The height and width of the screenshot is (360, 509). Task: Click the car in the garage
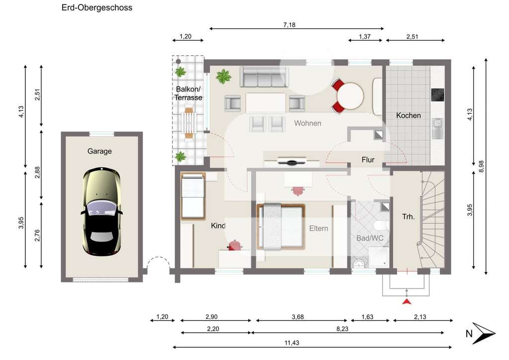coord(101,211)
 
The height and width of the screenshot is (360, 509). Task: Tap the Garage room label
coord(99,151)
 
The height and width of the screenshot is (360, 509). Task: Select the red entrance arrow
coord(407,301)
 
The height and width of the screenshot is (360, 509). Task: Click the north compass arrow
coord(484,333)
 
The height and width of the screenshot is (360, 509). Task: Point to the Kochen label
coord(409,115)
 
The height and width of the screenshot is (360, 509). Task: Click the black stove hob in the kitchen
coord(437,95)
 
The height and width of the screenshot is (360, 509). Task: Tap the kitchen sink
coord(438,128)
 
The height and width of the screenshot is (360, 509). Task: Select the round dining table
coord(350,96)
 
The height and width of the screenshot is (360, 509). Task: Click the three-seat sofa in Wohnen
coord(264,77)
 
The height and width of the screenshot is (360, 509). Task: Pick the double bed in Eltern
coord(281,227)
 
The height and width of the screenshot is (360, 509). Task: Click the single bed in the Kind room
coord(193,196)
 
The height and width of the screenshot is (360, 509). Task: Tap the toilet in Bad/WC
coord(380,225)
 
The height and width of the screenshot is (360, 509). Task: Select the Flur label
coord(368,160)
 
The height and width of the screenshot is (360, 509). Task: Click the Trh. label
coord(409,216)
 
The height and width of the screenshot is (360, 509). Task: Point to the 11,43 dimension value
coord(292,343)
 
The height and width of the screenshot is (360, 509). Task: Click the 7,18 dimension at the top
coord(289,25)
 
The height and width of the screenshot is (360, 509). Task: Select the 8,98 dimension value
coord(481,167)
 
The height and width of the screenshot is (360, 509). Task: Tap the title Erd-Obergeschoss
coord(97,7)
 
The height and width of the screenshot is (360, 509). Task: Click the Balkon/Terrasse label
coord(188,93)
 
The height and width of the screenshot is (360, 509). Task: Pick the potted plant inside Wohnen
coord(223,77)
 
